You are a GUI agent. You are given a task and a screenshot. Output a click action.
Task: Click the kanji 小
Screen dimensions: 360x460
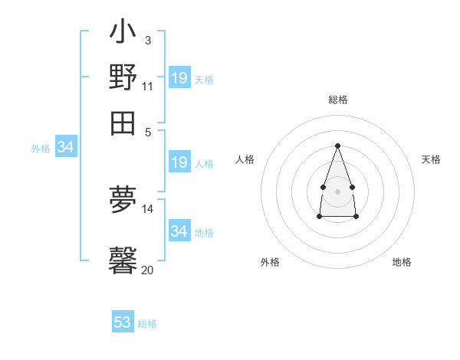(x=123, y=33)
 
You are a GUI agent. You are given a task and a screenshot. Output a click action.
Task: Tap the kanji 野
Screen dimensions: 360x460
(x=123, y=77)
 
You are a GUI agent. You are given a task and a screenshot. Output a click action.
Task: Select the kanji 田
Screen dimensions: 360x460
(x=123, y=123)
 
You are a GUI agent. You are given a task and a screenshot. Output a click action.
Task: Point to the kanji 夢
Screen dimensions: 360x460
(x=123, y=201)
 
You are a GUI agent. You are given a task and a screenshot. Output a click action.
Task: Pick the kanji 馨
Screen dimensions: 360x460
(x=123, y=260)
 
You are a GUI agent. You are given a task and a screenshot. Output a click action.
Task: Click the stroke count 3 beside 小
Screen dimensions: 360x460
(x=147, y=40)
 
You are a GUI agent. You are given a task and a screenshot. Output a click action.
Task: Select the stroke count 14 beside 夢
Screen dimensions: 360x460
(x=148, y=208)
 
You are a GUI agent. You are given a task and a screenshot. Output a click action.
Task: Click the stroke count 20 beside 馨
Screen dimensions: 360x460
(x=148, y=269)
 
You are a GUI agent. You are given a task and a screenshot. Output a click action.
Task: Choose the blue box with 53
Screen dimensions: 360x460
(x=123, y=322)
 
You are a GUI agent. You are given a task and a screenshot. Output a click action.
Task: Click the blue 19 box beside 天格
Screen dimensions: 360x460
(x=179, y=78)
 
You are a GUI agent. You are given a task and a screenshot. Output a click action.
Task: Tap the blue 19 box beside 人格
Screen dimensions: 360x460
(x=179, y=162)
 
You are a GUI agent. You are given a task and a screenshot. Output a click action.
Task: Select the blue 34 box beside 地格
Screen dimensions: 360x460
(x=179, y=231)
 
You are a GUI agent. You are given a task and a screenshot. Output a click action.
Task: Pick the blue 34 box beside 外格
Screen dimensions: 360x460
(x=65, y=147)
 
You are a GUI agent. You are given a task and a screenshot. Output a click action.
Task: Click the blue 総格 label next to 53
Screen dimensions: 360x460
(x=147, y=324)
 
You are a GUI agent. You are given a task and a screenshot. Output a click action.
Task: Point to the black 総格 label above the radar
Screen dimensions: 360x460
(x=337, y=100)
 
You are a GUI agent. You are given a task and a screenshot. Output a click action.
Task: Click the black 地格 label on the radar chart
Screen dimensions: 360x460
(x=402, y=262)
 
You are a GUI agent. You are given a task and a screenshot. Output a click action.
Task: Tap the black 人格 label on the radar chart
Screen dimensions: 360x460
(x=245, y=159)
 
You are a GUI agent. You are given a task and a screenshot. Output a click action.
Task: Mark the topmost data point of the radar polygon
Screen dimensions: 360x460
(x=337, y=146)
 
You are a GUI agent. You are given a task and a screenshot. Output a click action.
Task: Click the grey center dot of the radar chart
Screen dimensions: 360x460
(x=337, y=190)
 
